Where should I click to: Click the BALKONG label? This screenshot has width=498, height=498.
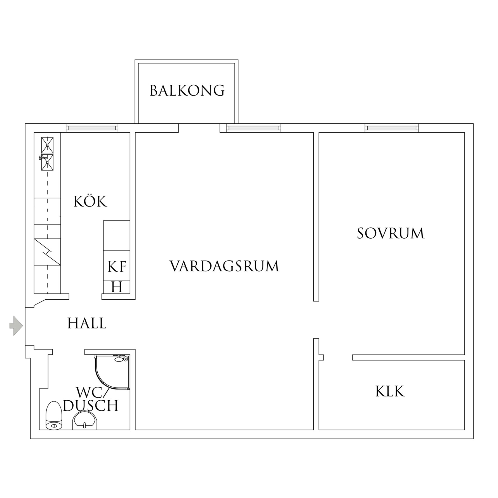point(187,91)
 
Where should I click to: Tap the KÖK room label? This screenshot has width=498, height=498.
point(90,202)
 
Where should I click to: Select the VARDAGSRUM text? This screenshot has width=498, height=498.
point(224,266)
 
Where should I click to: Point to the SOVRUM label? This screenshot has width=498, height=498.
point(391,233)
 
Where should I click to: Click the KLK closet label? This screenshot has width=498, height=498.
point(390,392)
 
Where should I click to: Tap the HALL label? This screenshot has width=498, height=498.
point(87,324)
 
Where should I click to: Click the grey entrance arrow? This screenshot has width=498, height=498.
point(16,325)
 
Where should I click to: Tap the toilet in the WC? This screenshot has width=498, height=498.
point(53,416)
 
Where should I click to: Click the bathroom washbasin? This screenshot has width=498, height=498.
point(84,421)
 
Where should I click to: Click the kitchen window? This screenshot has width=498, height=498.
point(92,128)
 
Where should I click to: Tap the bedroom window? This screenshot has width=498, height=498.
point(392,128)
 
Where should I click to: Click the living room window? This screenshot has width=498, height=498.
point(253,128)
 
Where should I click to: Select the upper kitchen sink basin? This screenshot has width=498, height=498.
point(47,145)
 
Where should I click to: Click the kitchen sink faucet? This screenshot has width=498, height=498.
point(42,158)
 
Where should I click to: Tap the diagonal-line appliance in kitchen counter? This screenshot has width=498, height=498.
point(47,252)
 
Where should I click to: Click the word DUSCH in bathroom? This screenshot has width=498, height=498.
point(90,406)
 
